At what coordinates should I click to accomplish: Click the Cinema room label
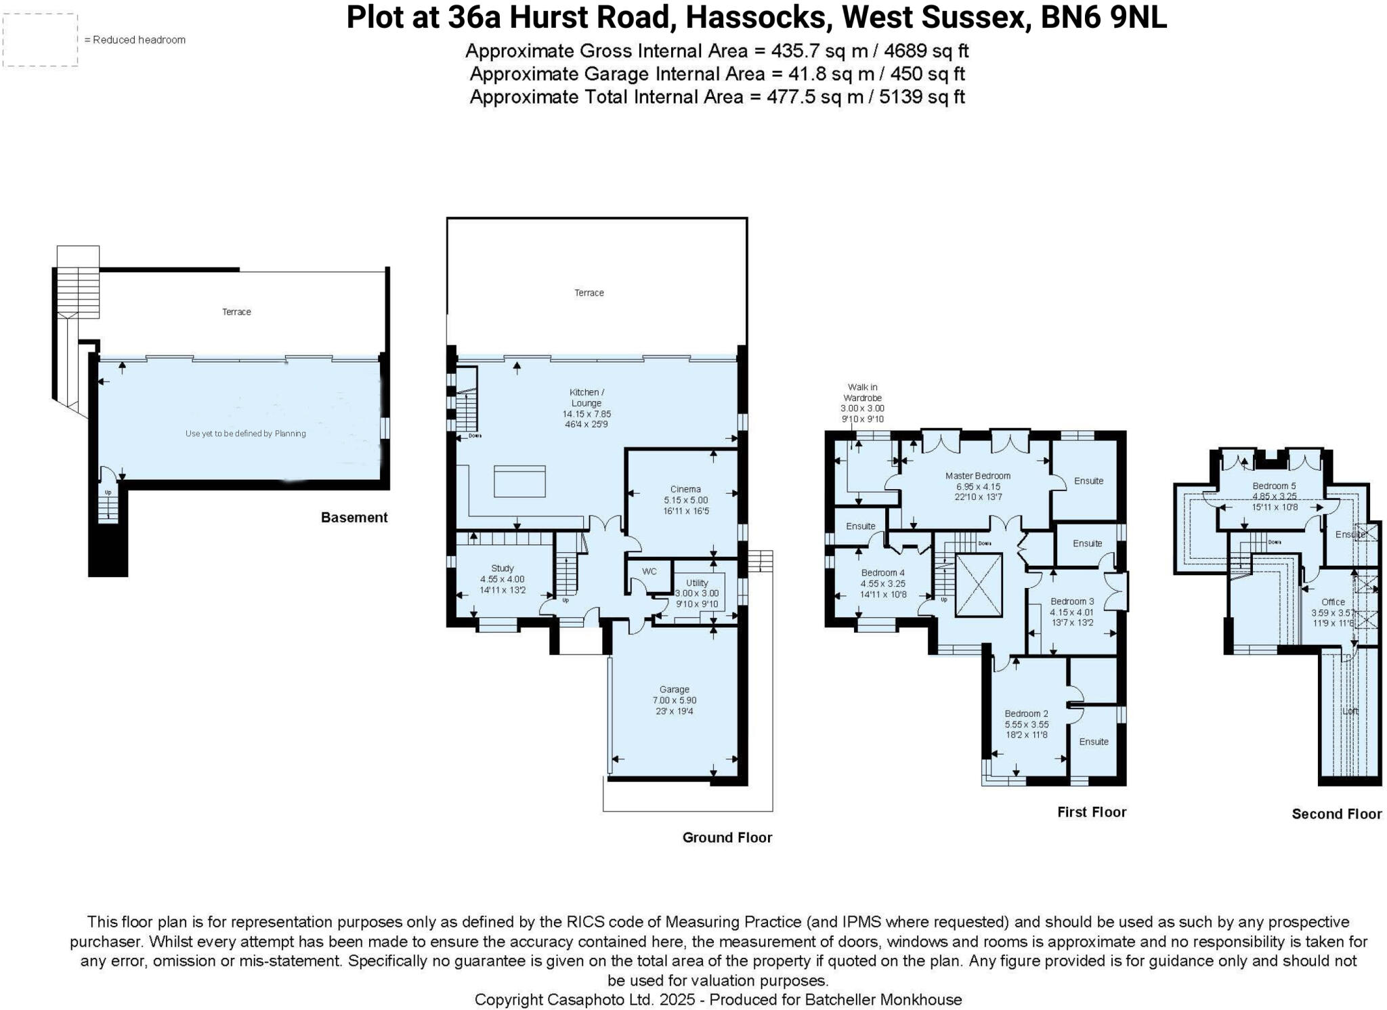pos(685,489)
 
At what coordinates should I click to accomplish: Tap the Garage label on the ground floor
pos(674,690)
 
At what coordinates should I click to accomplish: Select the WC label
pos(649,571)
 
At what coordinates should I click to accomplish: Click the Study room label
pos(503,568)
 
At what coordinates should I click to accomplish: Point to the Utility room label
pos(697,583)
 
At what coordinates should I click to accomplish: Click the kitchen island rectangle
pos(519,481)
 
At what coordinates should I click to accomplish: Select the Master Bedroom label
pos(978,476)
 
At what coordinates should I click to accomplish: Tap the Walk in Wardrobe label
pos(862,393)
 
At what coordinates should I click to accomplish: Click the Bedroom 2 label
pos(1026,713)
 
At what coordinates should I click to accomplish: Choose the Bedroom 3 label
pos(1071,601)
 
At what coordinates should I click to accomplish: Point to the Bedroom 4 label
pos(882,572)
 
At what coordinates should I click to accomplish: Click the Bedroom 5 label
pos(1274,486)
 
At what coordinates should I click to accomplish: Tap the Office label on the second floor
pos(1333,602)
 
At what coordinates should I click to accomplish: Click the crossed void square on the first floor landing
pos(978,585)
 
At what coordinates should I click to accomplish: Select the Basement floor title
pos(354,518)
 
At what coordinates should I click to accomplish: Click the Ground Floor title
pos(727,837)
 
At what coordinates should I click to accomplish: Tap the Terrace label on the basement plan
pos(236,312)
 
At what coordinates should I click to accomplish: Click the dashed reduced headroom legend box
pos(41,40)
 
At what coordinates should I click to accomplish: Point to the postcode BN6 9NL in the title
pos(1103,18)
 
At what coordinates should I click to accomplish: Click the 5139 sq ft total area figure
pos(921,97)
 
